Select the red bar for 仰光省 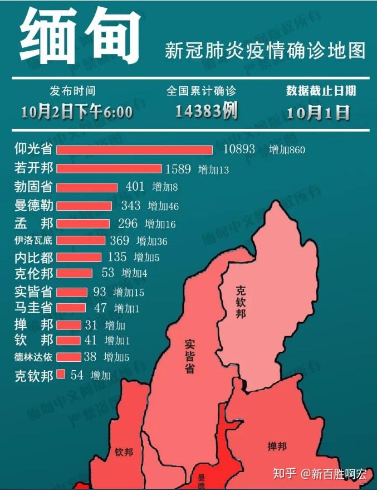point(134,150)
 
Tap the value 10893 point(239,149)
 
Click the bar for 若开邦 point(109,169)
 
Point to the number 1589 point(178,169)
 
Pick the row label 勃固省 point(33,187)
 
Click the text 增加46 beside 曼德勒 point(163,206)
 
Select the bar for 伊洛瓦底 point(80,241)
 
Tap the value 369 point(120,241)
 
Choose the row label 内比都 point(33,258)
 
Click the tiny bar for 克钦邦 point(61,374)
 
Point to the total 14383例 point(206,111)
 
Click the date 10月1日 point(318,112)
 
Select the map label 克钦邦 point(241,302)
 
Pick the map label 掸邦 point(277,447)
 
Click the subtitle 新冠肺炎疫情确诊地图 point(265,51)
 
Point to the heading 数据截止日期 point(321,91)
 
